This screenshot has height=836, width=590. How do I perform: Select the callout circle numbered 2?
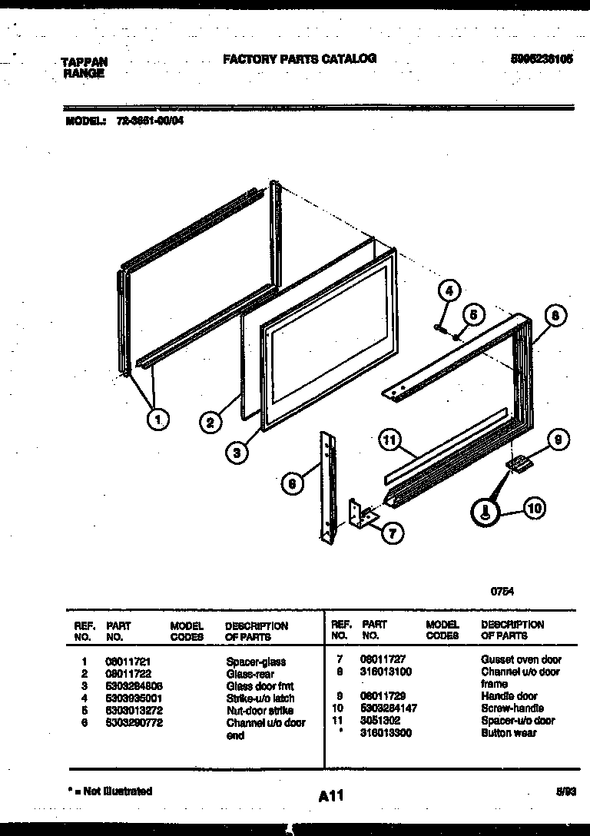(210, 421)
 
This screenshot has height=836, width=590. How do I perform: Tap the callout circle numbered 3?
(238, 453)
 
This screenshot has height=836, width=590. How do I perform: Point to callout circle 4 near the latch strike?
(450, 291)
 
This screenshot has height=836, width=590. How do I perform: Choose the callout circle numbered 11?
(391, 440)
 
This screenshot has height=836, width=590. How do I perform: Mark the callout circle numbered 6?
(291, 483)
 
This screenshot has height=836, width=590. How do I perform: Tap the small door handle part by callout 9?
(519, 464)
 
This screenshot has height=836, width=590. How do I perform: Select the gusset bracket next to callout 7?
(360, 514)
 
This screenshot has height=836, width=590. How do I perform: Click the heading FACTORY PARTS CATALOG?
(300, 58)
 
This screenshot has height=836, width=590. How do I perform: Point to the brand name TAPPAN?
(84, 62)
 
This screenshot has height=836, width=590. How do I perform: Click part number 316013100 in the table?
(386, 672)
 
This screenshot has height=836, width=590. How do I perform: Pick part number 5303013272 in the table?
(134, 711)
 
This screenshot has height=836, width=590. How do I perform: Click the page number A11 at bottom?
(330, 797)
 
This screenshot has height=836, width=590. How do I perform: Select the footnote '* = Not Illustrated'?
(110, 791)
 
